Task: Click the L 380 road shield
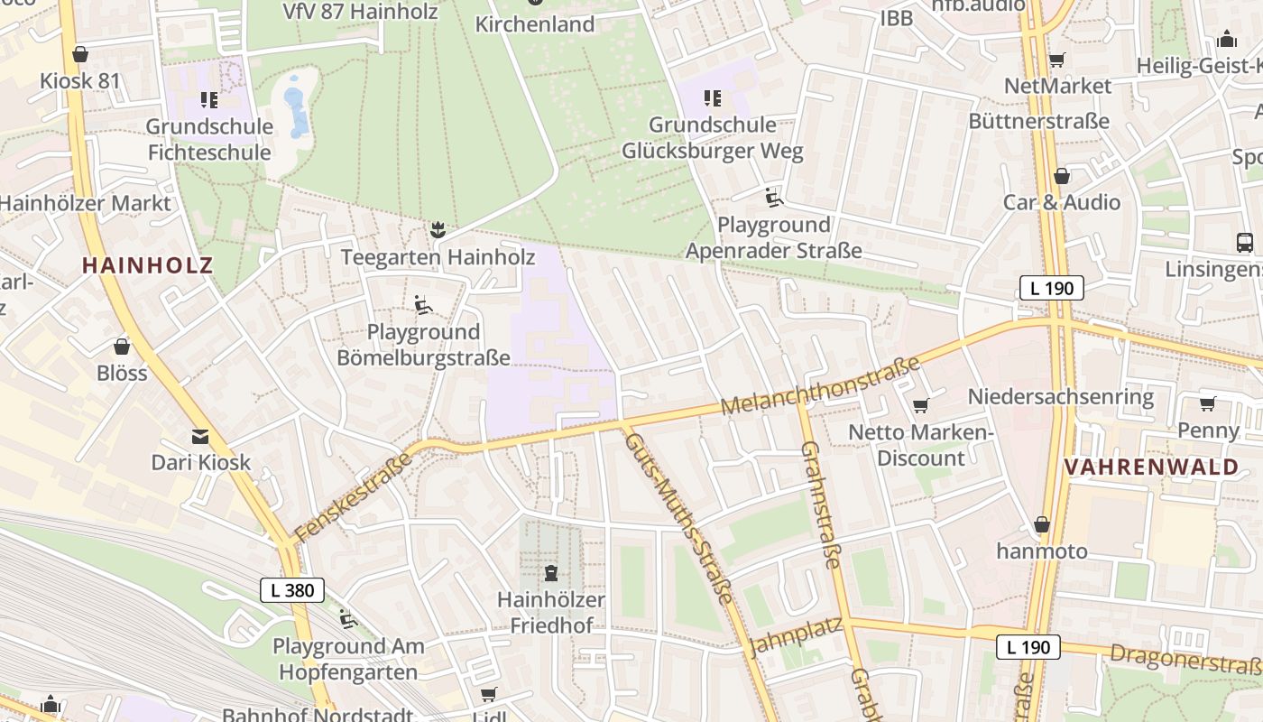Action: click(291, 590)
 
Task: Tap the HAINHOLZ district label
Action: click(148, 265)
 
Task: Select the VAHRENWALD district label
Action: click(1152, 467)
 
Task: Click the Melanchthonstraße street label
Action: click(820, 386)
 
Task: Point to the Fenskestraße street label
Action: click(353, 497)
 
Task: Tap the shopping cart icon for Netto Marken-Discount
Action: click(920, 406)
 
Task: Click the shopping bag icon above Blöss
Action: click(122, 347)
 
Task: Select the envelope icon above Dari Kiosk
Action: click(200, 437)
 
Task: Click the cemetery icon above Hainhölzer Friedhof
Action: click(551, 572)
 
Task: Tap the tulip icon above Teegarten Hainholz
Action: click(438, 230)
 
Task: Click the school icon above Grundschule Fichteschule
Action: click(209, 99)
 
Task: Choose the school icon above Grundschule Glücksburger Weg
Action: click(712, 97)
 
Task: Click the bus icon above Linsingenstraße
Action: click(1244, 242)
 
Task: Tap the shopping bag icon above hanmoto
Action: click(1042, 524)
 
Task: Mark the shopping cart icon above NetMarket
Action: click(1056, 60)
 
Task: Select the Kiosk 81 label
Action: click(79, 80)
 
